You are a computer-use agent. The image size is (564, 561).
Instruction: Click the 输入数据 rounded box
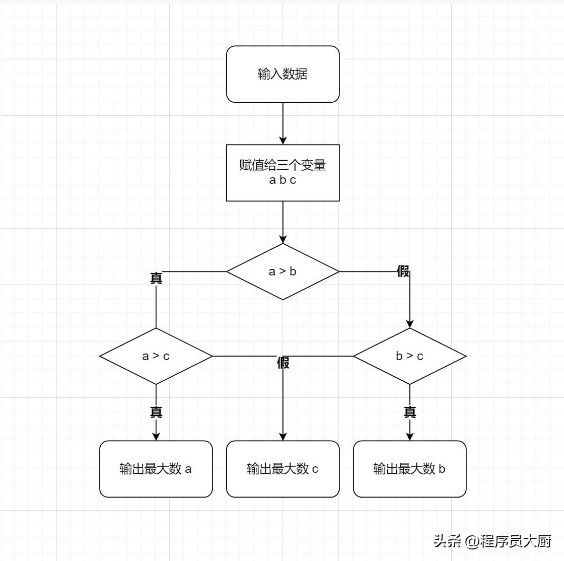283,74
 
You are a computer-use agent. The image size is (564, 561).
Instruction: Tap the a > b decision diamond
283,271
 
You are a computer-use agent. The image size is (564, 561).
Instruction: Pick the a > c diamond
156,356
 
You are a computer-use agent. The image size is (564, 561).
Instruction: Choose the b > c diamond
409,356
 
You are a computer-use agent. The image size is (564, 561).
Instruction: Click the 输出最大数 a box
156,469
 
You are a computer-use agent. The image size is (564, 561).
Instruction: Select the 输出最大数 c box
283,469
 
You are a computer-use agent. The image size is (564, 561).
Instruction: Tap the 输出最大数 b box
409,469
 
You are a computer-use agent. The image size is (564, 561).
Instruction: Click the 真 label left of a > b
156,278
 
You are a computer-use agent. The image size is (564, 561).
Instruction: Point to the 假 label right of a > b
403,272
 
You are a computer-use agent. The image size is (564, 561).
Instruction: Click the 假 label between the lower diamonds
283,363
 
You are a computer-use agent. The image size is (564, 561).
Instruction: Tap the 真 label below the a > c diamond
156,412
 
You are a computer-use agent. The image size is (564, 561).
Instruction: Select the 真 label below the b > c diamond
410,412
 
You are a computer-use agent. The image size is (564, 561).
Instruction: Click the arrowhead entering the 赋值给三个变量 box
283,141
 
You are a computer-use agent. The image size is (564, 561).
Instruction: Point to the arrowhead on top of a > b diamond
283,239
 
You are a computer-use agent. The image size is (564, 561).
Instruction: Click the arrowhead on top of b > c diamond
409,324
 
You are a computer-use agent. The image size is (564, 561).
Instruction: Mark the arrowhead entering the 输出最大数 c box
283,437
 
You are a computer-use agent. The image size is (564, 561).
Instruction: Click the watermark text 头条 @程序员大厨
492,541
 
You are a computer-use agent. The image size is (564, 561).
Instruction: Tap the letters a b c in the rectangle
283,180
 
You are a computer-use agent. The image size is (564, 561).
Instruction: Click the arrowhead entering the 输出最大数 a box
156,437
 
